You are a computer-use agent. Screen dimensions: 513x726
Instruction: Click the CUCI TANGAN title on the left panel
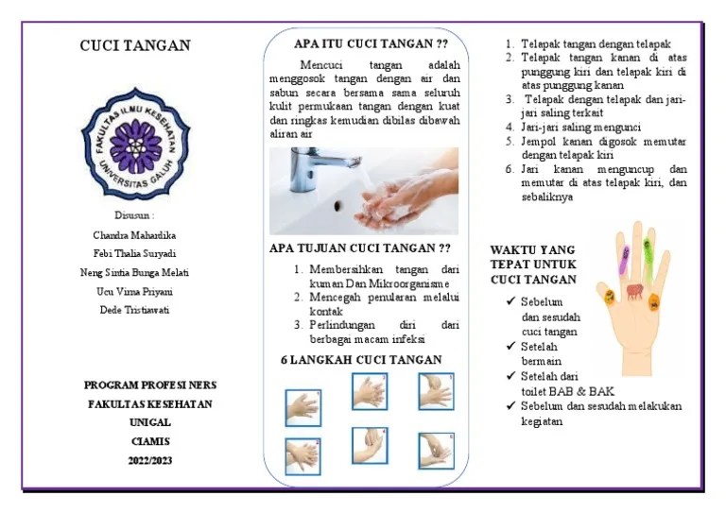pyautogui.click(x=134, y=45)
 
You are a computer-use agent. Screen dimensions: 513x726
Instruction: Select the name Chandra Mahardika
pyautogui.click(x=134, y=234)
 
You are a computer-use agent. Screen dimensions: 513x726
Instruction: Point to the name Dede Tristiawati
pyautogui.click(x=134, y=309)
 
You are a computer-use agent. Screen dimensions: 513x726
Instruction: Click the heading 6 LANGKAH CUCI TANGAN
pyautogui.click(x=361, y=360)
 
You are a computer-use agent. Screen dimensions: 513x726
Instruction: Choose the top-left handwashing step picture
pyautogui.click(x=302, y=406)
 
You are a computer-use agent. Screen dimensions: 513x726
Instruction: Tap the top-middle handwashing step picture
pyautogui.click(x=370, y=390)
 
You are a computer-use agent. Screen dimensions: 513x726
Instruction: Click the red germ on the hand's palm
pyautogui.click(x=635, y=290)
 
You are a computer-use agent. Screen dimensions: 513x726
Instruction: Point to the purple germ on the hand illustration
pyautogui.click(x=626, y=252)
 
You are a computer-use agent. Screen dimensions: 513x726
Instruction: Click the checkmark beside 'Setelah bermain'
pyautogui.click(x=510, y=346)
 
